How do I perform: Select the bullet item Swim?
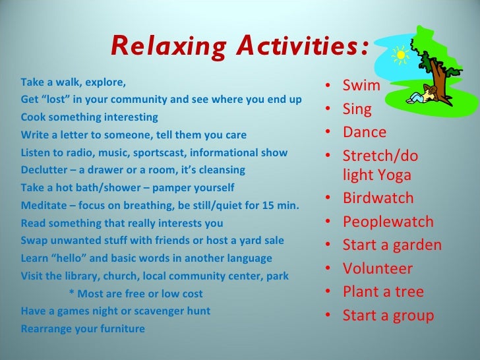point(361,86)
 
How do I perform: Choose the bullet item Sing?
point(357,109)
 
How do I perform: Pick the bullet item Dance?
point(364,132)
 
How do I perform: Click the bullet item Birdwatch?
point(378,198)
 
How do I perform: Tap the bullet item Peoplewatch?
point(388,222)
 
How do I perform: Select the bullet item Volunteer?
point(377,268)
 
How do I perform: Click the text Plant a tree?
point(383,291)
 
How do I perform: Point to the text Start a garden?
point(392,245)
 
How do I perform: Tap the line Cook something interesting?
point(89,117)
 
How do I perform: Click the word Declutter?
point(44,169)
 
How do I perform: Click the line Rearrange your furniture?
point(82,328)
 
